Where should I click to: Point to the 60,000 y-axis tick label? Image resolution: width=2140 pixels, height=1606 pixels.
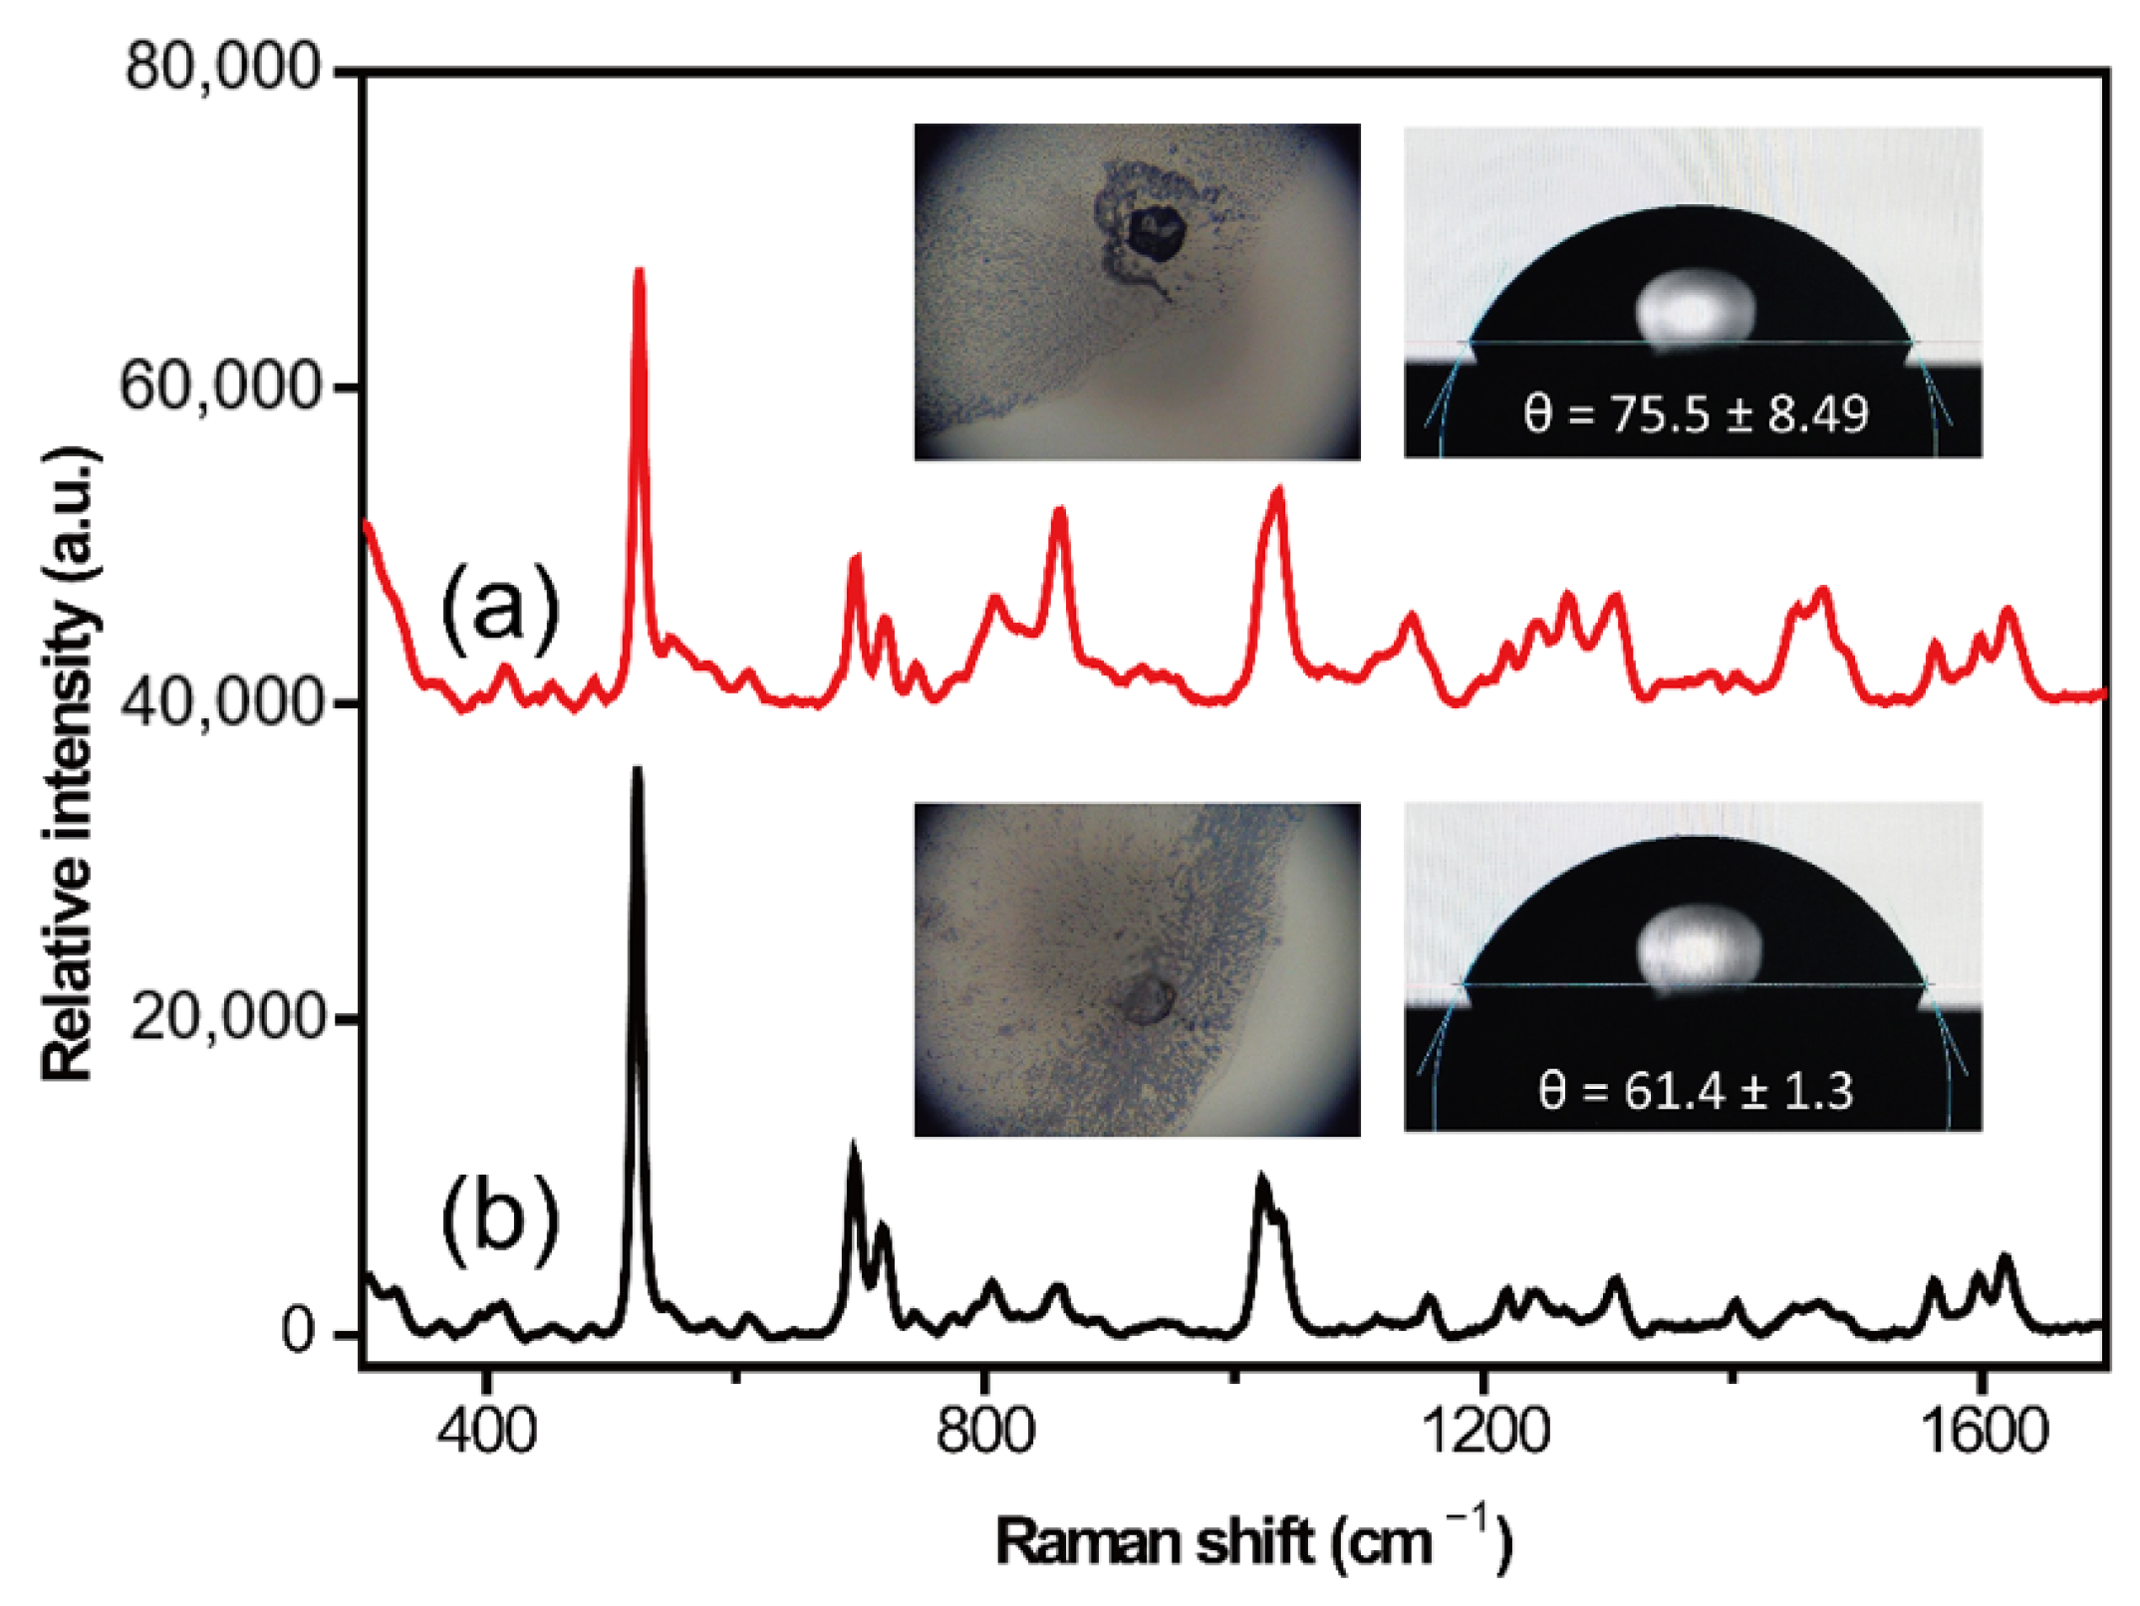(221, 387)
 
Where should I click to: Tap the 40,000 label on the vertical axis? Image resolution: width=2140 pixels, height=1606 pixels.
(221, 703)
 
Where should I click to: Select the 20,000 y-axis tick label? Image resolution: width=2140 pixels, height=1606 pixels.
(227, 1018)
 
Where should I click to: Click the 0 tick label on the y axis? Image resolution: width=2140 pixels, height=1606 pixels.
(298, 1332)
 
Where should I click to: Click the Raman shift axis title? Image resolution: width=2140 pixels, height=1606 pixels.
(1253, 1540)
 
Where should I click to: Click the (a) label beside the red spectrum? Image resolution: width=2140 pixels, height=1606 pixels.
(500, 608)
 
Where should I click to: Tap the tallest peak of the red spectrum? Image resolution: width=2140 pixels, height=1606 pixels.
(640, 271)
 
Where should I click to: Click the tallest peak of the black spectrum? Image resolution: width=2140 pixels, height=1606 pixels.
(638, 770)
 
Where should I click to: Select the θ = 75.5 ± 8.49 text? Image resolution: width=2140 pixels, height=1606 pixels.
(1695, 414)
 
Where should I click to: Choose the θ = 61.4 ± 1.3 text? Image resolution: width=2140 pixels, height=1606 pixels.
(1695, 1091)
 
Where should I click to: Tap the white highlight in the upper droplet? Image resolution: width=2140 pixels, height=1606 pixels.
(1695, 308)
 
